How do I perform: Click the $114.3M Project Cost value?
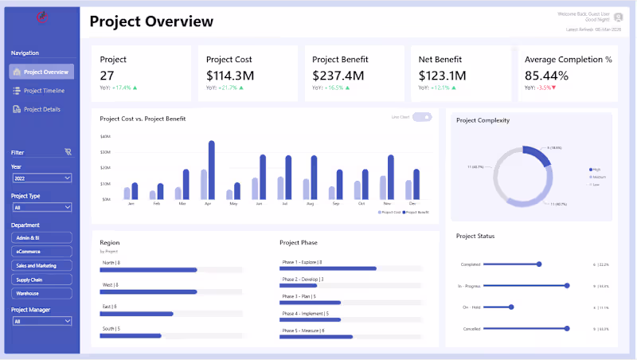tap(229, 76)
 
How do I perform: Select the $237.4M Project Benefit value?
tap(338, 76)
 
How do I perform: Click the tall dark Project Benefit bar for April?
tap(212, 170)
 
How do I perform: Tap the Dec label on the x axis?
tap(412, 204)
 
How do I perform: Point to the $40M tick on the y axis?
tap(105, 136)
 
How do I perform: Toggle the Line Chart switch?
tap(422, 117)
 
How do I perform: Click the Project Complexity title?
tap(483, 120)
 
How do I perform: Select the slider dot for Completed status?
tap(539, 264)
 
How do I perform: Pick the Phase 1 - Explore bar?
tap(329, 268)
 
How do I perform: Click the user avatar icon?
tap(618, 16)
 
